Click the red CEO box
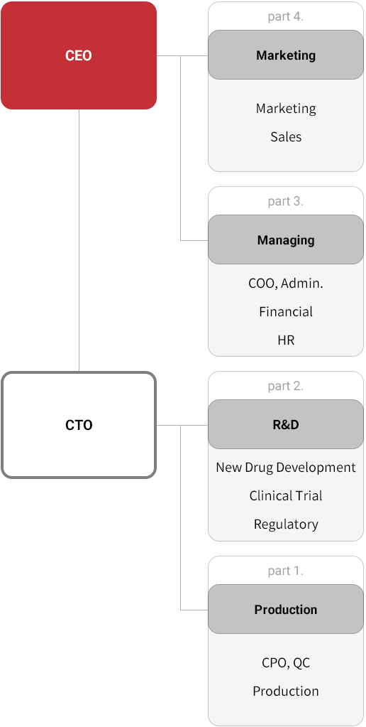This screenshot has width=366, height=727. click(79, 55)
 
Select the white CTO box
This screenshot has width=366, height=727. click(79, 425)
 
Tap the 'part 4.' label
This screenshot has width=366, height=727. click(285, 16)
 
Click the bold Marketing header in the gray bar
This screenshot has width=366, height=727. click(286, 55)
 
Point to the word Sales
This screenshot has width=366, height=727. click(286, 136)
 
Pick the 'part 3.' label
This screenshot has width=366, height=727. click(285, 201)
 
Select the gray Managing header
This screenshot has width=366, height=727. click(286, 239)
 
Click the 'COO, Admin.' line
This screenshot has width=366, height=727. click(286, 283)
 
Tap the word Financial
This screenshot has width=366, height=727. click(286, 311)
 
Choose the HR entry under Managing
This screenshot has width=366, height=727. click(286, 340)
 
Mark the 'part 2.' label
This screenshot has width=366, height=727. click(285, 386)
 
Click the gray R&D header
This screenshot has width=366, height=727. click(286, 424)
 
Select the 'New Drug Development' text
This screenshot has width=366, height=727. click(286, 468)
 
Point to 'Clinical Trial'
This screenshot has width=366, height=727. click(286, 495)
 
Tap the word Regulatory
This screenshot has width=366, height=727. click(286, 524)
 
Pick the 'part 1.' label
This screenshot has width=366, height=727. click(285, 571)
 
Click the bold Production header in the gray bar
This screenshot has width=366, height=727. click(286, 609)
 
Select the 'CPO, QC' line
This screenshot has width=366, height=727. click(286, 663)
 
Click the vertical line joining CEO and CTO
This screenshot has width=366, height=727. click(79, 240)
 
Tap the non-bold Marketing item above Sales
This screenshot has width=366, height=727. click(286, 109)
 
